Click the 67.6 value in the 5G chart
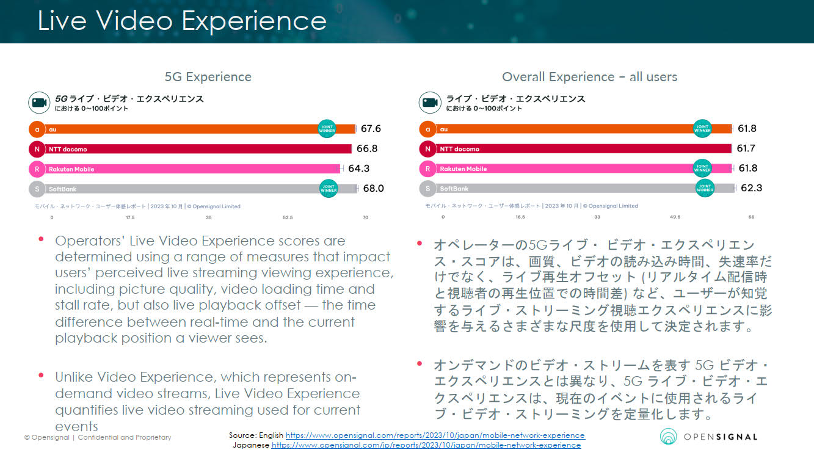(371, 129)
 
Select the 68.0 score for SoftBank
(373, 188)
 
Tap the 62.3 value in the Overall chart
(751, 188)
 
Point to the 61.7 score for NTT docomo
(746, 148)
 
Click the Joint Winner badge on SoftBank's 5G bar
(329, 188)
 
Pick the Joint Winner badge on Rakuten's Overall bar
(702, 169)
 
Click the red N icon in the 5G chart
(37, 149)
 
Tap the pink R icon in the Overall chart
(427, 169)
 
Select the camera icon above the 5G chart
(39, 103)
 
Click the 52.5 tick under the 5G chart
(288, 217)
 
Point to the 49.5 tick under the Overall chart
(675, 217)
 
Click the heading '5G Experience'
(208, 77)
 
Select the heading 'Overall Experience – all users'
(589, 77)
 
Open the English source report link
(435, 435)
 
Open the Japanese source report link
(426, 445)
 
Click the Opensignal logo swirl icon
(668, 436)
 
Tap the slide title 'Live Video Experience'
(182, 20)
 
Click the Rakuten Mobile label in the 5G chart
(71, 169)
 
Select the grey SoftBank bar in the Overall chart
(585, 188)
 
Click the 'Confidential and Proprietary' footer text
(125, 437)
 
